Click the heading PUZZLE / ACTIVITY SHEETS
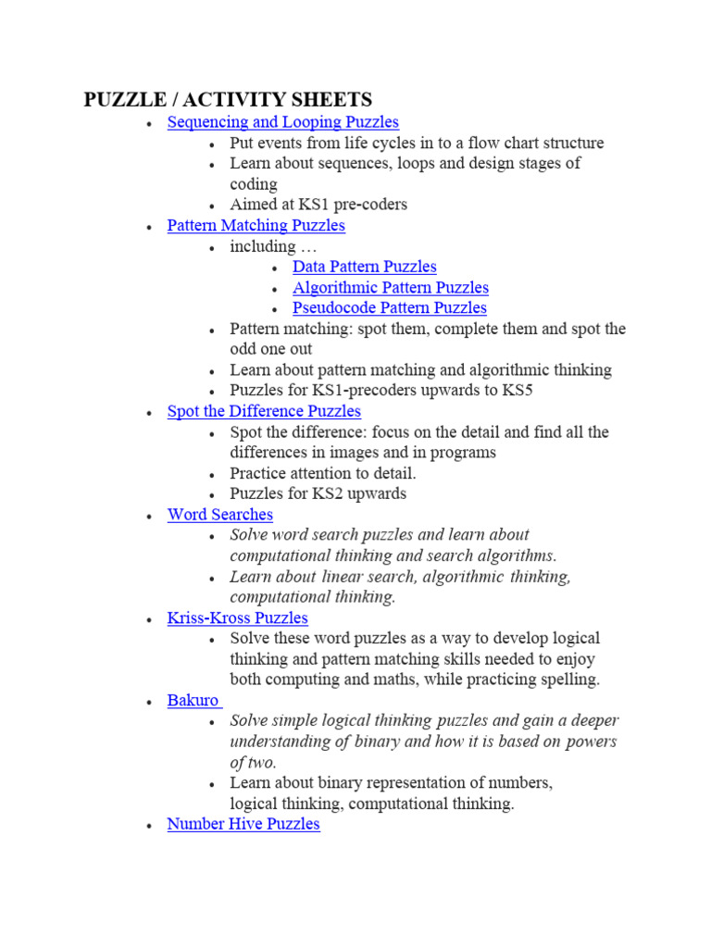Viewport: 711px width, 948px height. [228, 100]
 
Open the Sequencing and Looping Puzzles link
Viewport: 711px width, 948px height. [282, 122]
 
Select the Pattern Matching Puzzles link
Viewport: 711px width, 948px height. [256, 226]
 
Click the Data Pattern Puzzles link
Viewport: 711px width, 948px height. [364, 267]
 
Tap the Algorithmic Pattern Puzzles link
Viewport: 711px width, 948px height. [390, 288]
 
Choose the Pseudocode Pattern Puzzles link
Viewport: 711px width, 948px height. [389, 308]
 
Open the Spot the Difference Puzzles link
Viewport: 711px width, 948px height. [264, 411]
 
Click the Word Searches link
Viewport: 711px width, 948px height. [219, 515]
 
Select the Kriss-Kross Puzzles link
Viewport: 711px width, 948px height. [237, 618]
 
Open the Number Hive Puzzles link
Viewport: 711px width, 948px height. [243, 824]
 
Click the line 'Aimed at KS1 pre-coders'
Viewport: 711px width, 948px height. [318, 205]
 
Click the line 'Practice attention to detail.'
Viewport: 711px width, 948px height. [323, 473]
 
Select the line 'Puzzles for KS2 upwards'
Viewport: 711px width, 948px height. [318, 493]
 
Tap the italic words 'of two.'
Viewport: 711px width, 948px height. [253, 763]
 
